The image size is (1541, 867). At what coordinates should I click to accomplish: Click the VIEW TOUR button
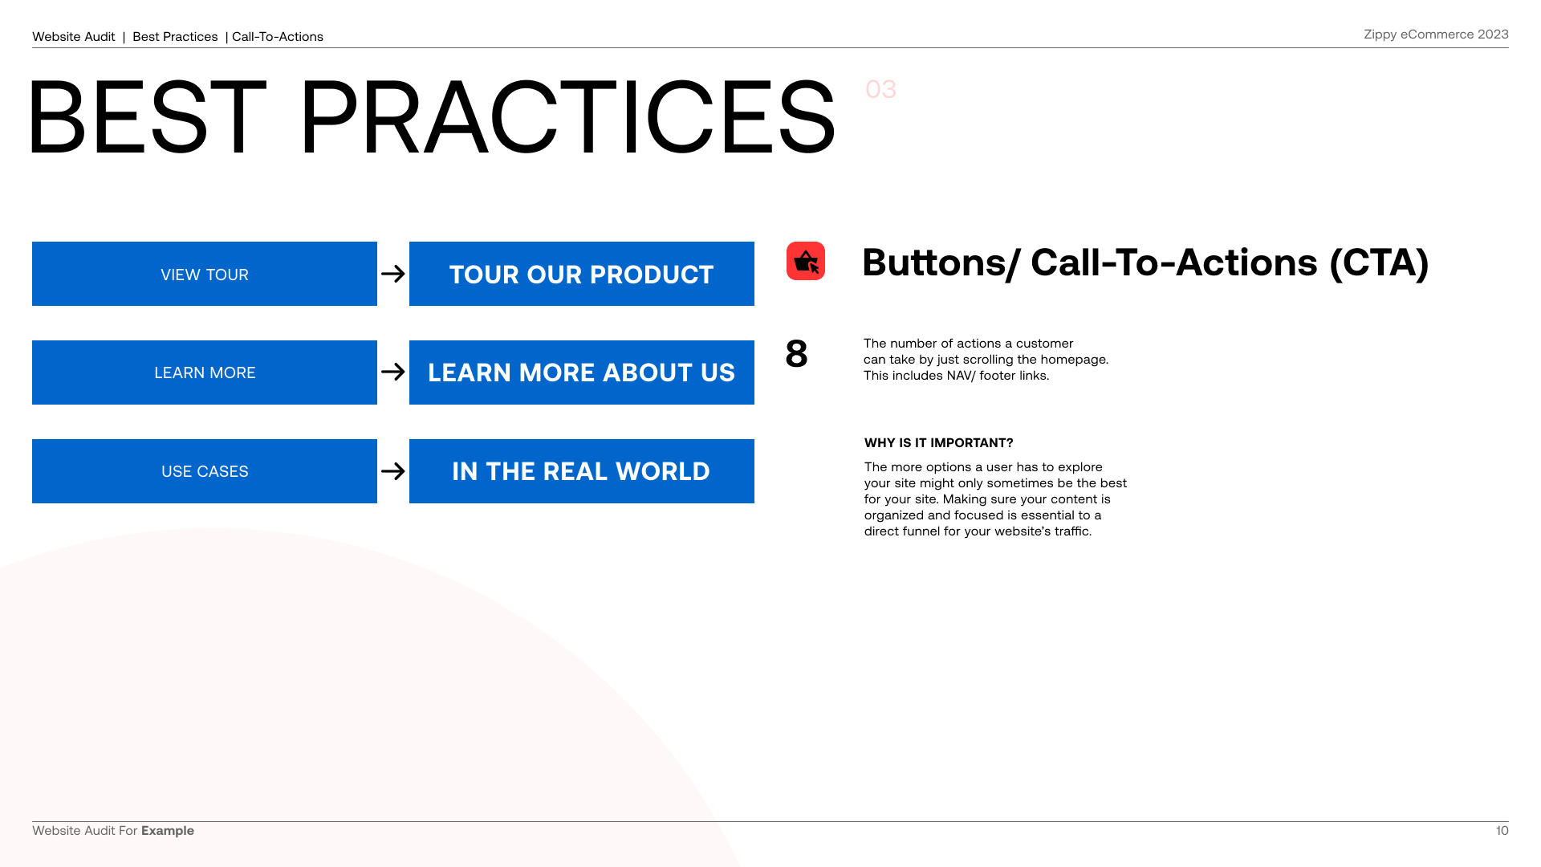coord(205,274)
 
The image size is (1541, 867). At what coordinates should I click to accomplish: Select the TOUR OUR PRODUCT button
coord(582,274)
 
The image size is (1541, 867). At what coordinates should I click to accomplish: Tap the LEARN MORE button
coord(205,372)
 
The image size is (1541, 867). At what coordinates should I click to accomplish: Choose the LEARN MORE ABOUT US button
coord(582,372)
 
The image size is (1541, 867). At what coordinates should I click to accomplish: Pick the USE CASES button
coord(205,471)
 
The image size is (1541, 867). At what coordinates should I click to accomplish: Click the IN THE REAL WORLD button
coord(582,471)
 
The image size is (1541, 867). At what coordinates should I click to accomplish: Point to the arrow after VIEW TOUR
coord(393,274)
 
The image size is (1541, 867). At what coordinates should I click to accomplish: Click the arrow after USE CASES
coord(393,471)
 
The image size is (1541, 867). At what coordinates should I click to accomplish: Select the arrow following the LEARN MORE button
coord(393,372)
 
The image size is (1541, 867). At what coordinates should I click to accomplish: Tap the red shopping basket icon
coord(806,261)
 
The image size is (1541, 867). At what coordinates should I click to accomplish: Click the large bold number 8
coord(796,354)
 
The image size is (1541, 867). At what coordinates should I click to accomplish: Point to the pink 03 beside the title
coord(880,89)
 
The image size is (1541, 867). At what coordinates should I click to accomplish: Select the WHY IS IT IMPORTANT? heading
coord(939,443)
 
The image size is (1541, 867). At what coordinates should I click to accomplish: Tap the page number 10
coord(1502,831)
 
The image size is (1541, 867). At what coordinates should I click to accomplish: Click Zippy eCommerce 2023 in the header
coord(1436,35)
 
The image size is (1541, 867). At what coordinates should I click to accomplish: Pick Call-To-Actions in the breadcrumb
coord(278,37)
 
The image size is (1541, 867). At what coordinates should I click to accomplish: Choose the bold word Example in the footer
coord(168,831)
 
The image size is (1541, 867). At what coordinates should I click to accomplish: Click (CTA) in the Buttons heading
coord(1379,263)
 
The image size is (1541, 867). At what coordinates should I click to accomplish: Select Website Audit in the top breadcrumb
coord(74,37)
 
